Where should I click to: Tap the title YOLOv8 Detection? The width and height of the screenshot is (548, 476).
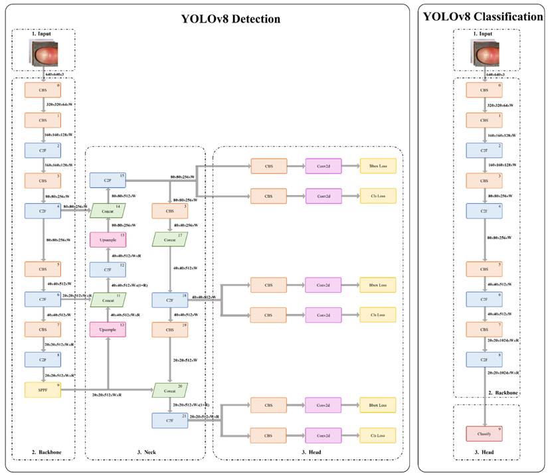pyautogui.click(x=230, y=19)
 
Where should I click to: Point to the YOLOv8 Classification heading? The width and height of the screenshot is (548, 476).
pyautogui.click(x=483, y=17)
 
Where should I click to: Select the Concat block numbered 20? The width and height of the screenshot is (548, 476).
pyautogui.click(x=170, y=390)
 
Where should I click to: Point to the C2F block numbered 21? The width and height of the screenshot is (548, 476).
pyautogui.click(x=170, y=420)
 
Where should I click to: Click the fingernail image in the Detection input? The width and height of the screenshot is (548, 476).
pyautogui.click(x=45, y=52)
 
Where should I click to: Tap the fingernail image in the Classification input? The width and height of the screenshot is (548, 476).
pyautogui.click(x=484, y=53)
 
